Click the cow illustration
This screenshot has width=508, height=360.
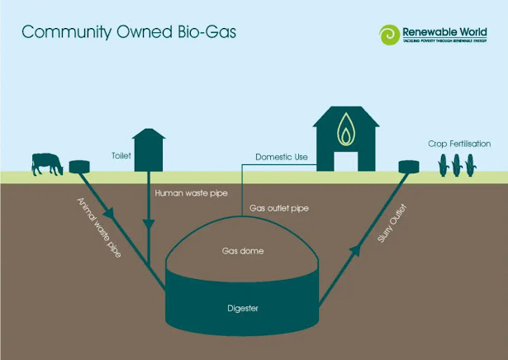[x=46, y=163]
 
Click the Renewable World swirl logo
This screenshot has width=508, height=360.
[x=388, y=35]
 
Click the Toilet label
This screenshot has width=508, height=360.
[x=121, y=154]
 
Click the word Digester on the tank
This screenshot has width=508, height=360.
[x=243, y=309]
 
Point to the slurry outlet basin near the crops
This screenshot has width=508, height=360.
[x=409, y=167]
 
